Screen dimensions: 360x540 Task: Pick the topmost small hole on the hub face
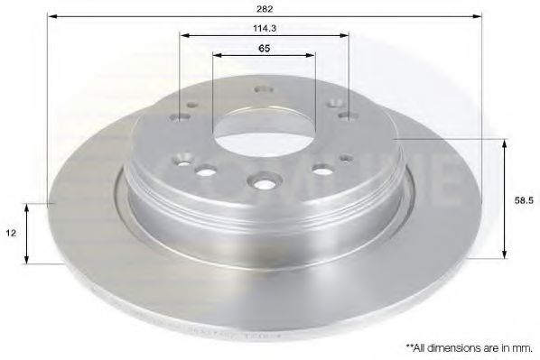(x=263, y=89)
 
